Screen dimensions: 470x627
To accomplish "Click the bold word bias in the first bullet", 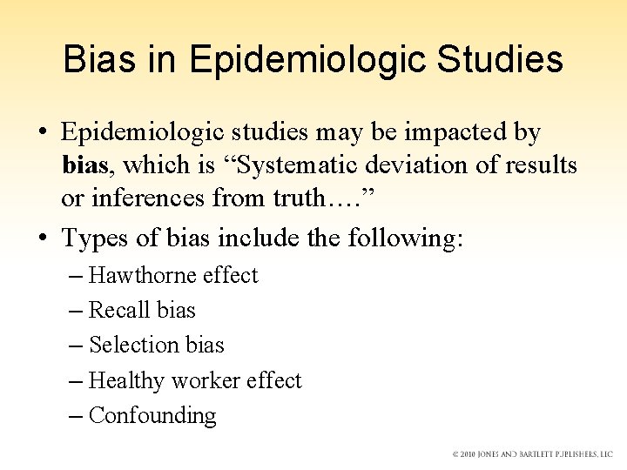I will (85, 165).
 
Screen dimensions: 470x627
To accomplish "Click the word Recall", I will (117, 311).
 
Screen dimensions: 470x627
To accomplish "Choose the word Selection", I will (131, 346).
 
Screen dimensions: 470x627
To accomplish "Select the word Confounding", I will (152, 416).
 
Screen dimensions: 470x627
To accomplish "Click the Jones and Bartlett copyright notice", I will (532, 454).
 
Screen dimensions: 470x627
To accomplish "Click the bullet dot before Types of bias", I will (42, 238).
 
